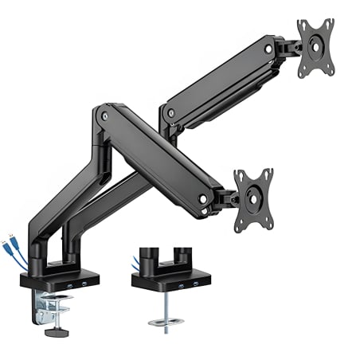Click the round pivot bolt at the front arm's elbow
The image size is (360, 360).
[105, 117]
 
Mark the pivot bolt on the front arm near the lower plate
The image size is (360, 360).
[204, 196]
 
